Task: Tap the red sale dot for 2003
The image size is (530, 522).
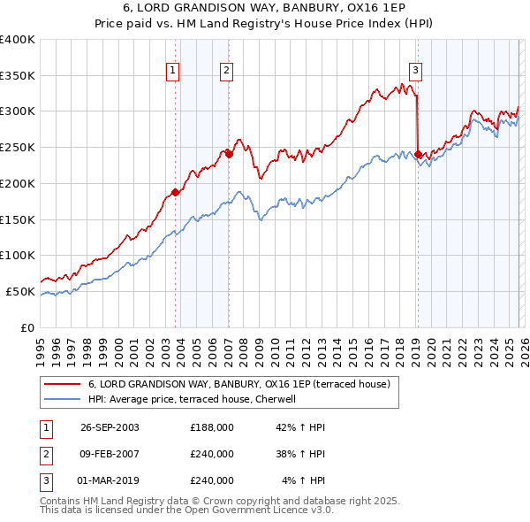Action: pos(176,191)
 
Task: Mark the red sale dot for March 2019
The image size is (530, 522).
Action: pos(418,154)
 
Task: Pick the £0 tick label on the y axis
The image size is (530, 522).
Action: pos(27,327)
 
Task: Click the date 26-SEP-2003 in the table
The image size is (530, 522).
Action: pos(110,427)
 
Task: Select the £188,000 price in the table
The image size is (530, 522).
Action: pos(212,427)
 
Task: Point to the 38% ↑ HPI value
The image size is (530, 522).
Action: pos(299,454)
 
